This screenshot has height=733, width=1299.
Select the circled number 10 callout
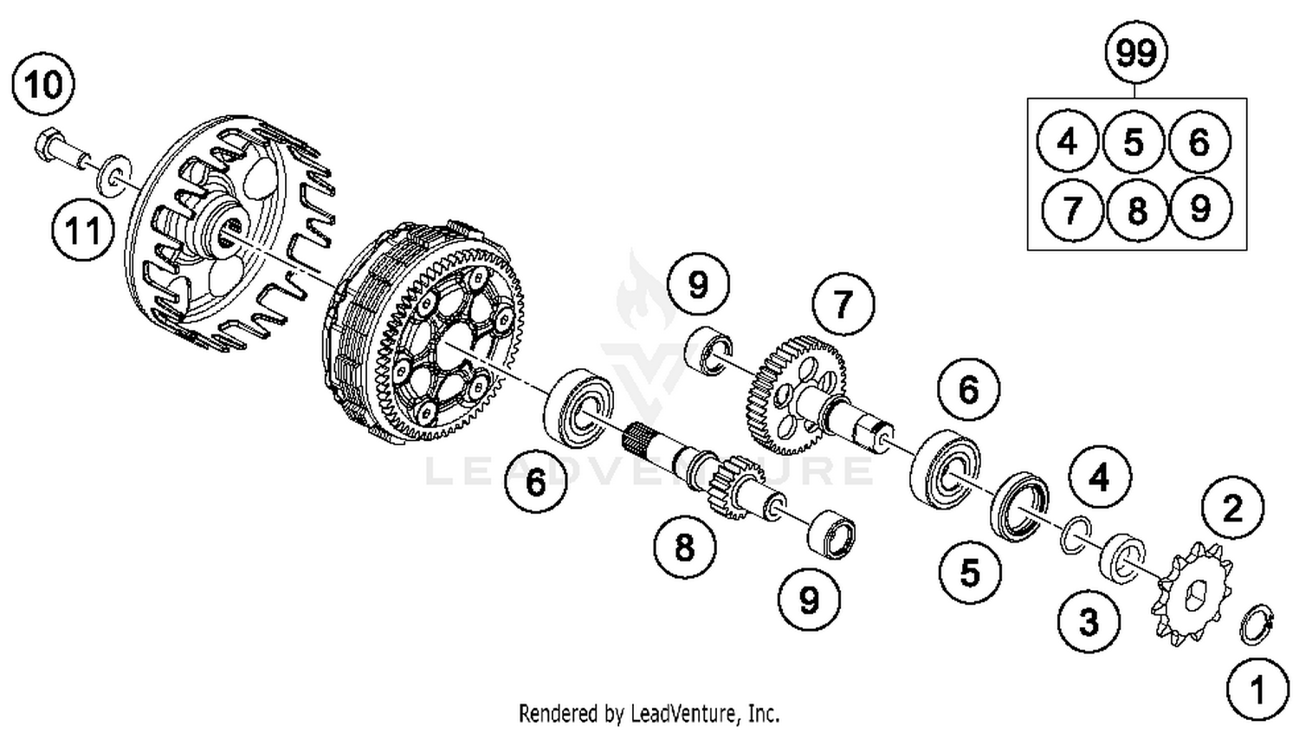point(43,85)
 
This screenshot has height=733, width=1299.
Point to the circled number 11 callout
point(83,231)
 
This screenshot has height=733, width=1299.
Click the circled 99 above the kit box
point(1136,54)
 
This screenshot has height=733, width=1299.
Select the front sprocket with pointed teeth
point(1190,593)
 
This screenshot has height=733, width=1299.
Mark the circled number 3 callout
point(1089,621)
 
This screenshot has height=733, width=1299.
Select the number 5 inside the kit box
point(1134,142)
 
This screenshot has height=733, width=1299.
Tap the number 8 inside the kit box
point(1137,209)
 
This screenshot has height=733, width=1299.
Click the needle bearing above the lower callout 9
point(831,533)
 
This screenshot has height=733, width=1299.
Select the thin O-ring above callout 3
point(1074,534)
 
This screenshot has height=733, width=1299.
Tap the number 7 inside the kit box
point(1071,209)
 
